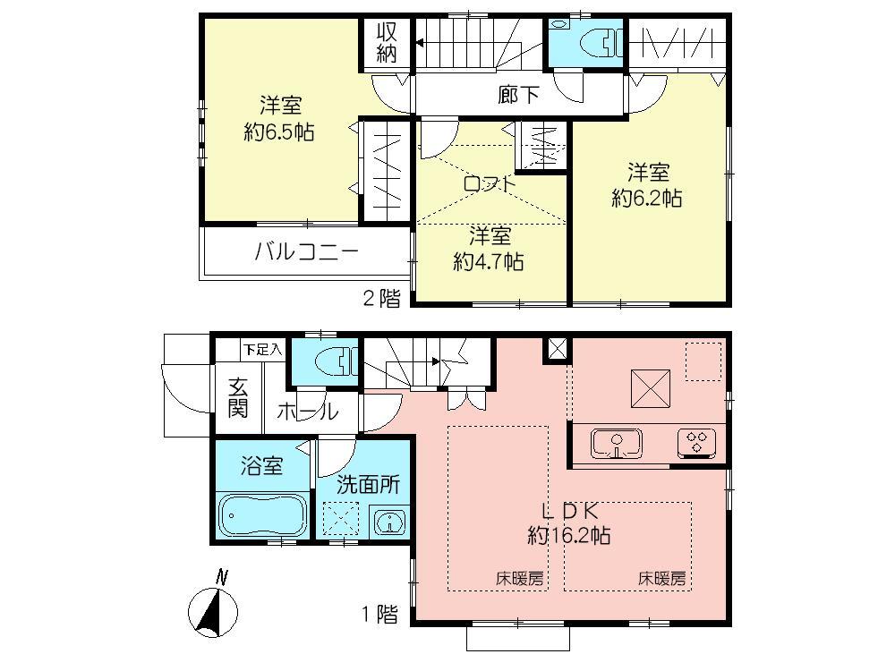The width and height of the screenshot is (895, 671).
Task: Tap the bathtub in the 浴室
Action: pyautogui.click(x=262, y=515)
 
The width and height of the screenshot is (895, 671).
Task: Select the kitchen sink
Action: pyautogui.click(x=615, y=442)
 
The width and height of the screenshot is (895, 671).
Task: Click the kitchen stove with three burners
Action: pyautogui.click(x=699, y=442)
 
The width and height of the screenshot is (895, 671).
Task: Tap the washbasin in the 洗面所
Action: pyautogui.click(x=388, y=520)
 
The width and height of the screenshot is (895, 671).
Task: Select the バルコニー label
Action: pyautogui.click(x=306, y=251)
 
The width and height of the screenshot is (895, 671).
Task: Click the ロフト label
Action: pyautogui.click(x=490, y=183)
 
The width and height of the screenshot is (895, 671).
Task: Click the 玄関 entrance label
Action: pyautogui.click(x=237, y=399)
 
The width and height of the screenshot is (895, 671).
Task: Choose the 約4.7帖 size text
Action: pyautogui.click(x=488, y=262)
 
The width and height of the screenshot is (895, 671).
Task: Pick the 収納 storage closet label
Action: pyautogui.click(x=386, y=43)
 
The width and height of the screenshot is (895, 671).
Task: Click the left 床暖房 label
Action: pyautogui.click(x=520, y=579)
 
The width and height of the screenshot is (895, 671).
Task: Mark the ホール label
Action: pyautogui.click(x=307, y=412)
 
